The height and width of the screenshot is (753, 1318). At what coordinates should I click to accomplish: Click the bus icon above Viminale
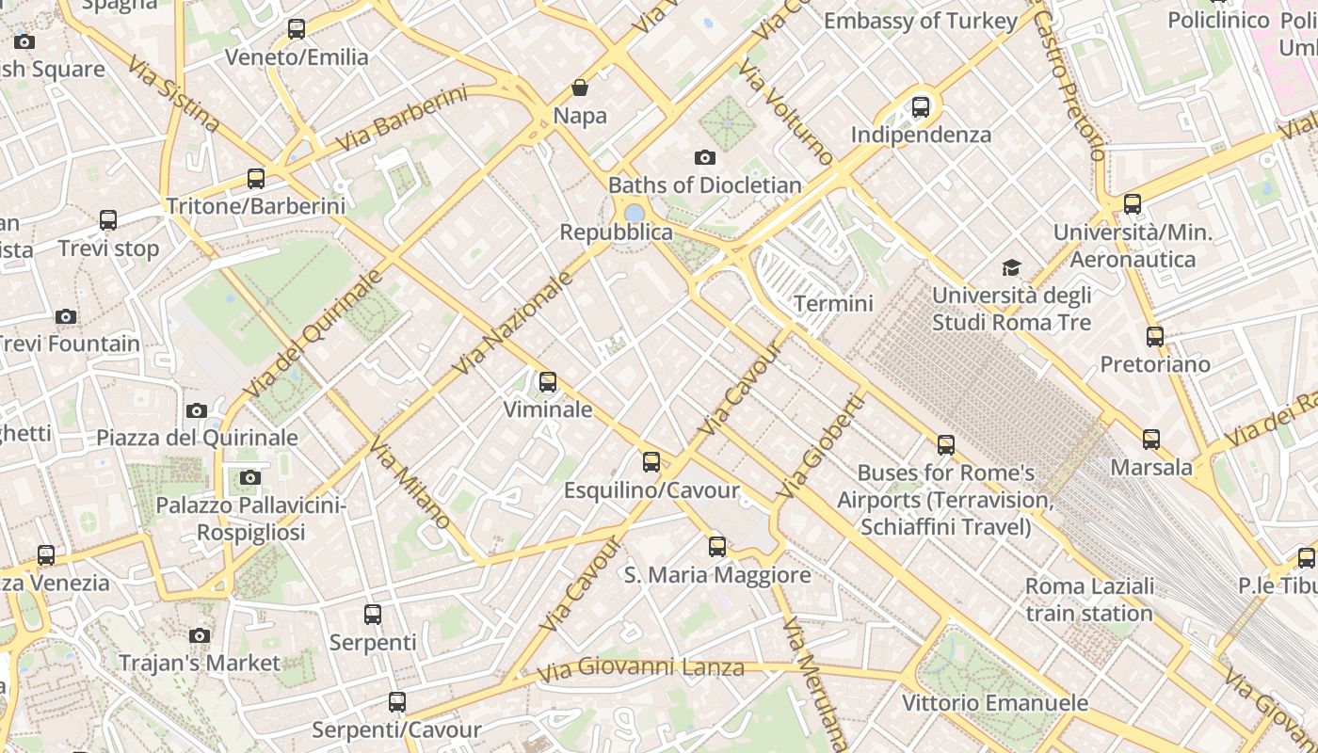pos(547,382)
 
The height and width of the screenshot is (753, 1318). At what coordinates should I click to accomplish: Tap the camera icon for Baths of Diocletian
pos(704,157)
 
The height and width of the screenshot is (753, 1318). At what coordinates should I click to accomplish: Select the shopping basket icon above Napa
pos(580,88)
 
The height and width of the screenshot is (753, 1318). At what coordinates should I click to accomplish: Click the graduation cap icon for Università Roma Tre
pos(1011,268)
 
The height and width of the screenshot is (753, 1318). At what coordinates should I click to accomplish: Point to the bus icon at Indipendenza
pos(921,107)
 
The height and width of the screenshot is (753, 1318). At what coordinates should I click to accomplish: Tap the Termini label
pos(833,304)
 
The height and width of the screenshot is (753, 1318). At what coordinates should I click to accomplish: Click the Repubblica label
pos(617,232)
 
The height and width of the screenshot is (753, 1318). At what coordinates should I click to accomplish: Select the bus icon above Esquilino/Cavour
pos(651,462)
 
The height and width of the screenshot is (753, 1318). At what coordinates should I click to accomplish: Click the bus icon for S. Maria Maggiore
pos(717,547)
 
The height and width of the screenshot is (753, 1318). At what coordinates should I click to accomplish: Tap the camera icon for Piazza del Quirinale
pos(197,410)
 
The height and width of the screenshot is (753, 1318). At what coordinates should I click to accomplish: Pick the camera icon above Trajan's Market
pos(200,636)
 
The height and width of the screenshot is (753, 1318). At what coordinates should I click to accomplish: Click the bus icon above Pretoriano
pos(1155,336)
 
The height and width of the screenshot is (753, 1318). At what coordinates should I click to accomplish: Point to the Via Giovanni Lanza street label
pos(641,669)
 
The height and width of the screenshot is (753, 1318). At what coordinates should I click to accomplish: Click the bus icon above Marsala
pos(1151,440)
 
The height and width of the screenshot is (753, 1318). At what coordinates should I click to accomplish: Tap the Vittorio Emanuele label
pos(995,703)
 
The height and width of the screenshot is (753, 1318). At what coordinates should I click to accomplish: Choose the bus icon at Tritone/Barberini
pos(255,178)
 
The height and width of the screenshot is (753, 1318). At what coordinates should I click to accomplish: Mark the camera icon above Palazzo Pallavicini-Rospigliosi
pos(250,478)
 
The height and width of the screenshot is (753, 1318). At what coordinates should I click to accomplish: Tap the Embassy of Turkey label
pos(921,21)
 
